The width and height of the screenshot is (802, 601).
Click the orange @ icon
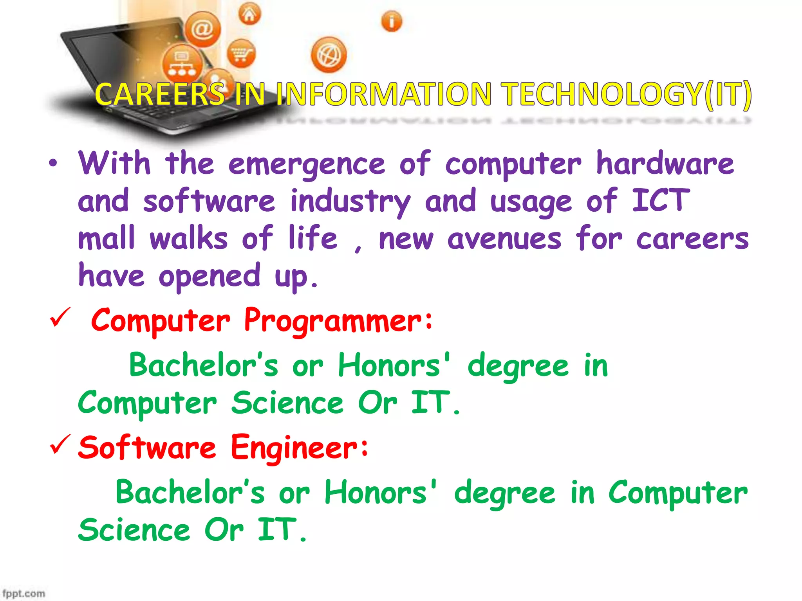click(x=202, y=29)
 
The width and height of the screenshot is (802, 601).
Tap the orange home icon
click(x=249, y=15)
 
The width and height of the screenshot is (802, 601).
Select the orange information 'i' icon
click(x=391, y=21)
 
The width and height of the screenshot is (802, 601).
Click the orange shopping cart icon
click(x=241, y=54)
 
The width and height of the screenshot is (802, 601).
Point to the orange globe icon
click(x=329, y=55)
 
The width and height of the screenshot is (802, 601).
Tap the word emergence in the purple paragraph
click(x=307, y=164)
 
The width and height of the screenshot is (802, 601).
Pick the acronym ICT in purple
click(x=661, y=201)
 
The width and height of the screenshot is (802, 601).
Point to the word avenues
click(x=504, y=239)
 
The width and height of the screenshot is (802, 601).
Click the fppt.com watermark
click(x=23, y=593)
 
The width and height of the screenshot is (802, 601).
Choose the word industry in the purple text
click(x=350, y=202)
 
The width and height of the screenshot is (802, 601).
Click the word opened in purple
click(x=209, y=276)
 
